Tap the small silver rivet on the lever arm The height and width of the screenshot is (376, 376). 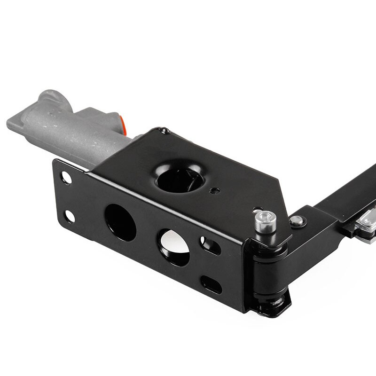tap(296, 220)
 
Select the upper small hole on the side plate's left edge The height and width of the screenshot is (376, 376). tap(66, 178)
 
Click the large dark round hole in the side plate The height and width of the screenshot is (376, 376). tap(120, 222)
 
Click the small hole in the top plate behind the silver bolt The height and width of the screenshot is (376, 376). tap(257, 210)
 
